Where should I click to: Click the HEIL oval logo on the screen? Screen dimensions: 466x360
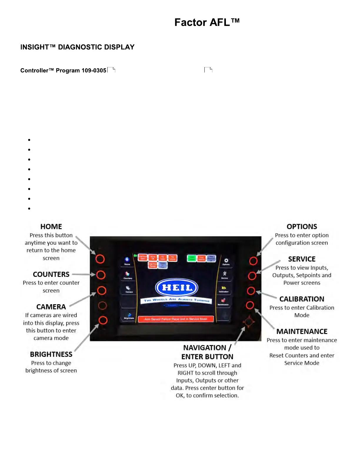click(177, 287)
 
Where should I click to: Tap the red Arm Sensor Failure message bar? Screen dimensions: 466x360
click(176, 319)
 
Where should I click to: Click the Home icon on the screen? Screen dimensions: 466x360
click(127, 260)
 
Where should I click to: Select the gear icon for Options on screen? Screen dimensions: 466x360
click(226, 261)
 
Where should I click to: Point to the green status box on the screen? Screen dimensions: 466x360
click(191, 258)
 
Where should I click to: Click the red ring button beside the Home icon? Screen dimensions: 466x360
click(100, 259)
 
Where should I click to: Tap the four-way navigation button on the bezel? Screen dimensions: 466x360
click(249, 322)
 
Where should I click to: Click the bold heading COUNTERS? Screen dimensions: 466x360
click(51, 274)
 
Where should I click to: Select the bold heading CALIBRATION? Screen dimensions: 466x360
click(302, 299)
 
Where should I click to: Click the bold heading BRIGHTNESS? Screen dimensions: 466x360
click(51, 355)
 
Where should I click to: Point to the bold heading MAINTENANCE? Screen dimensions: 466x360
click(302, 332)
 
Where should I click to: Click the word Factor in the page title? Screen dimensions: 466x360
click(190, 23)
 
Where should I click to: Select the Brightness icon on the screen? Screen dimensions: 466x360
click(129, 316)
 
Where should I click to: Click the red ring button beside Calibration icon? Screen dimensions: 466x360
click(251, 291)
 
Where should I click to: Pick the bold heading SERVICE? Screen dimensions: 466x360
click(302, 259)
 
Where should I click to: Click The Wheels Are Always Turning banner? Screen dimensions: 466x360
click(176, 300)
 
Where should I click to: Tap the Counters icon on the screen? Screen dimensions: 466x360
click(128, 275)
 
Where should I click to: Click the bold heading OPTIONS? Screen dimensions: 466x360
click(302, 227)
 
